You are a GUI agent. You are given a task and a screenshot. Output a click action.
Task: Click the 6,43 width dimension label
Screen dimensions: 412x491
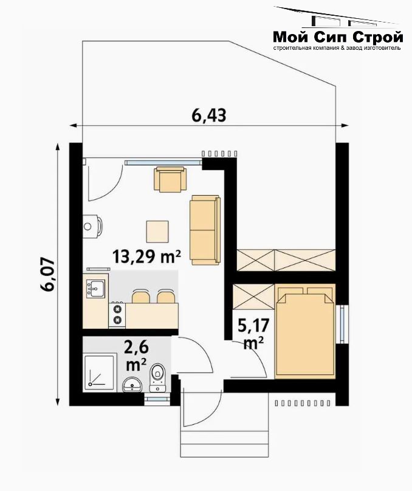pos(209,115)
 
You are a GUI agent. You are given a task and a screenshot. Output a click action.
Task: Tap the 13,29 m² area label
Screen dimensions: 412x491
pos(146,256)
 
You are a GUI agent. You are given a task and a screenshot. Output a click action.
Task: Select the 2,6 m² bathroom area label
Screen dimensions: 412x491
pos(136,356)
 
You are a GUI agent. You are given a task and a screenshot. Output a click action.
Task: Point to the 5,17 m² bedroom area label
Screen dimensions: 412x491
pos(253,334)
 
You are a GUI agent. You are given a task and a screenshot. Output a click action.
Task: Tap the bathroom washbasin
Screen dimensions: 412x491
pos(132,384)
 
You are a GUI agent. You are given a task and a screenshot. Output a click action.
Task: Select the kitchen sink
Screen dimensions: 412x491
pos(96,288)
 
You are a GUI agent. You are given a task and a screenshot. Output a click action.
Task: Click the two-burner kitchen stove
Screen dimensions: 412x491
pos(117,315)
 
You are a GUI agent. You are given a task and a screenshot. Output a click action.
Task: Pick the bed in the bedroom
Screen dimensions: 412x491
pos(305,331)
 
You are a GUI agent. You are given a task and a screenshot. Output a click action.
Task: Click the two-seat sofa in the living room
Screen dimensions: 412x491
pos(205,230)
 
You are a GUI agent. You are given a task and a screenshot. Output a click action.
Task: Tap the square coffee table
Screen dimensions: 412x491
pos(157,232)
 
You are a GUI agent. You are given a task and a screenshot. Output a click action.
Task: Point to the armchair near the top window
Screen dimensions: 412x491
pos(170,179)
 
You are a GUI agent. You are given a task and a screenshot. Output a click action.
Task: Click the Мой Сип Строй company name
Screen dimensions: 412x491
pos(338,37)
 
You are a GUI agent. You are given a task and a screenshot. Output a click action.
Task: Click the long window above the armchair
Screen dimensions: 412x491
pos(163,162)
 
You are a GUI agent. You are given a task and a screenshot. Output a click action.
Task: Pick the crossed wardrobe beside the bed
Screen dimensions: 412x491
pos(253,297)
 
